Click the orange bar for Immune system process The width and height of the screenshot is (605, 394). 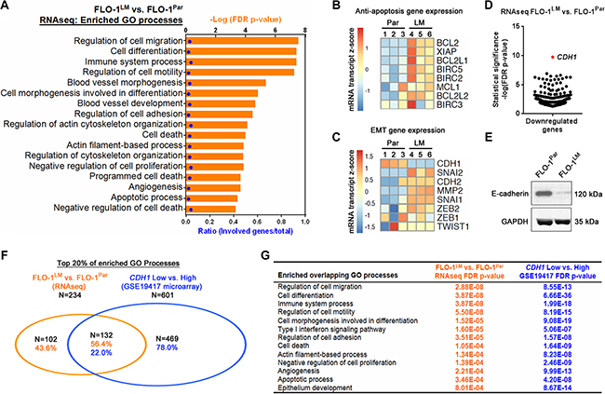coord(242,56)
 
